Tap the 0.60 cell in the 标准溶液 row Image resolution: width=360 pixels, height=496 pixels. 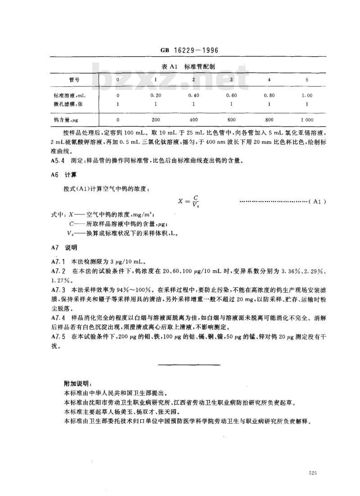pos(232,95)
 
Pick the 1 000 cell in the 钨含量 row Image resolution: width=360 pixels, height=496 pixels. pos(306,120)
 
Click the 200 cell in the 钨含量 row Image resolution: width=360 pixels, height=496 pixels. pos(156,120)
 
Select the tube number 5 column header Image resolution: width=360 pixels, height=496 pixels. pos(307,80)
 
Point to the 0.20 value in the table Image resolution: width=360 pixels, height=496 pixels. pos(156,95)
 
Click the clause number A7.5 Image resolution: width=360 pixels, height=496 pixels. pos(58,337)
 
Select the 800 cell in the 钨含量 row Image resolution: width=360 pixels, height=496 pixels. pos(269,120)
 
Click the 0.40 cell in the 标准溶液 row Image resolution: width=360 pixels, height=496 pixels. pos(193,95)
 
